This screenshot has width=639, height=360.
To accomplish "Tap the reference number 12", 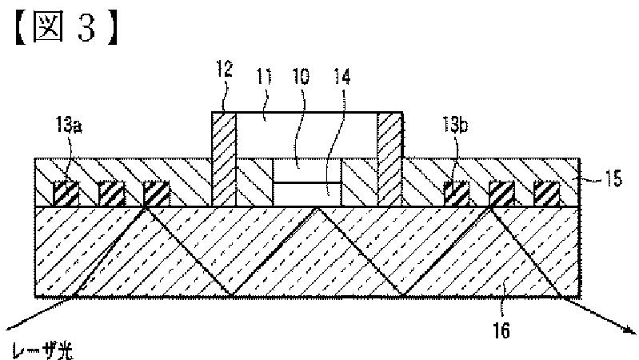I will (x=224, y=70).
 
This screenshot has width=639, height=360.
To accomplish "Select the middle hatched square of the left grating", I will (x=111, y=194).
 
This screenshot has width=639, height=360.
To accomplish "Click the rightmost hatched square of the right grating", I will (x=546, y=194).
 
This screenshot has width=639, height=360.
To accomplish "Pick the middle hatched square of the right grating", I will (x=501, y=194).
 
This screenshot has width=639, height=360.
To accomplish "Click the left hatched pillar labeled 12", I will (x=224, y=159).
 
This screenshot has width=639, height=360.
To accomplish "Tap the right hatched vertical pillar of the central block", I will (x=389, y=159).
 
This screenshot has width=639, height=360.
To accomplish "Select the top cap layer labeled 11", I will (x=307, y=134).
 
